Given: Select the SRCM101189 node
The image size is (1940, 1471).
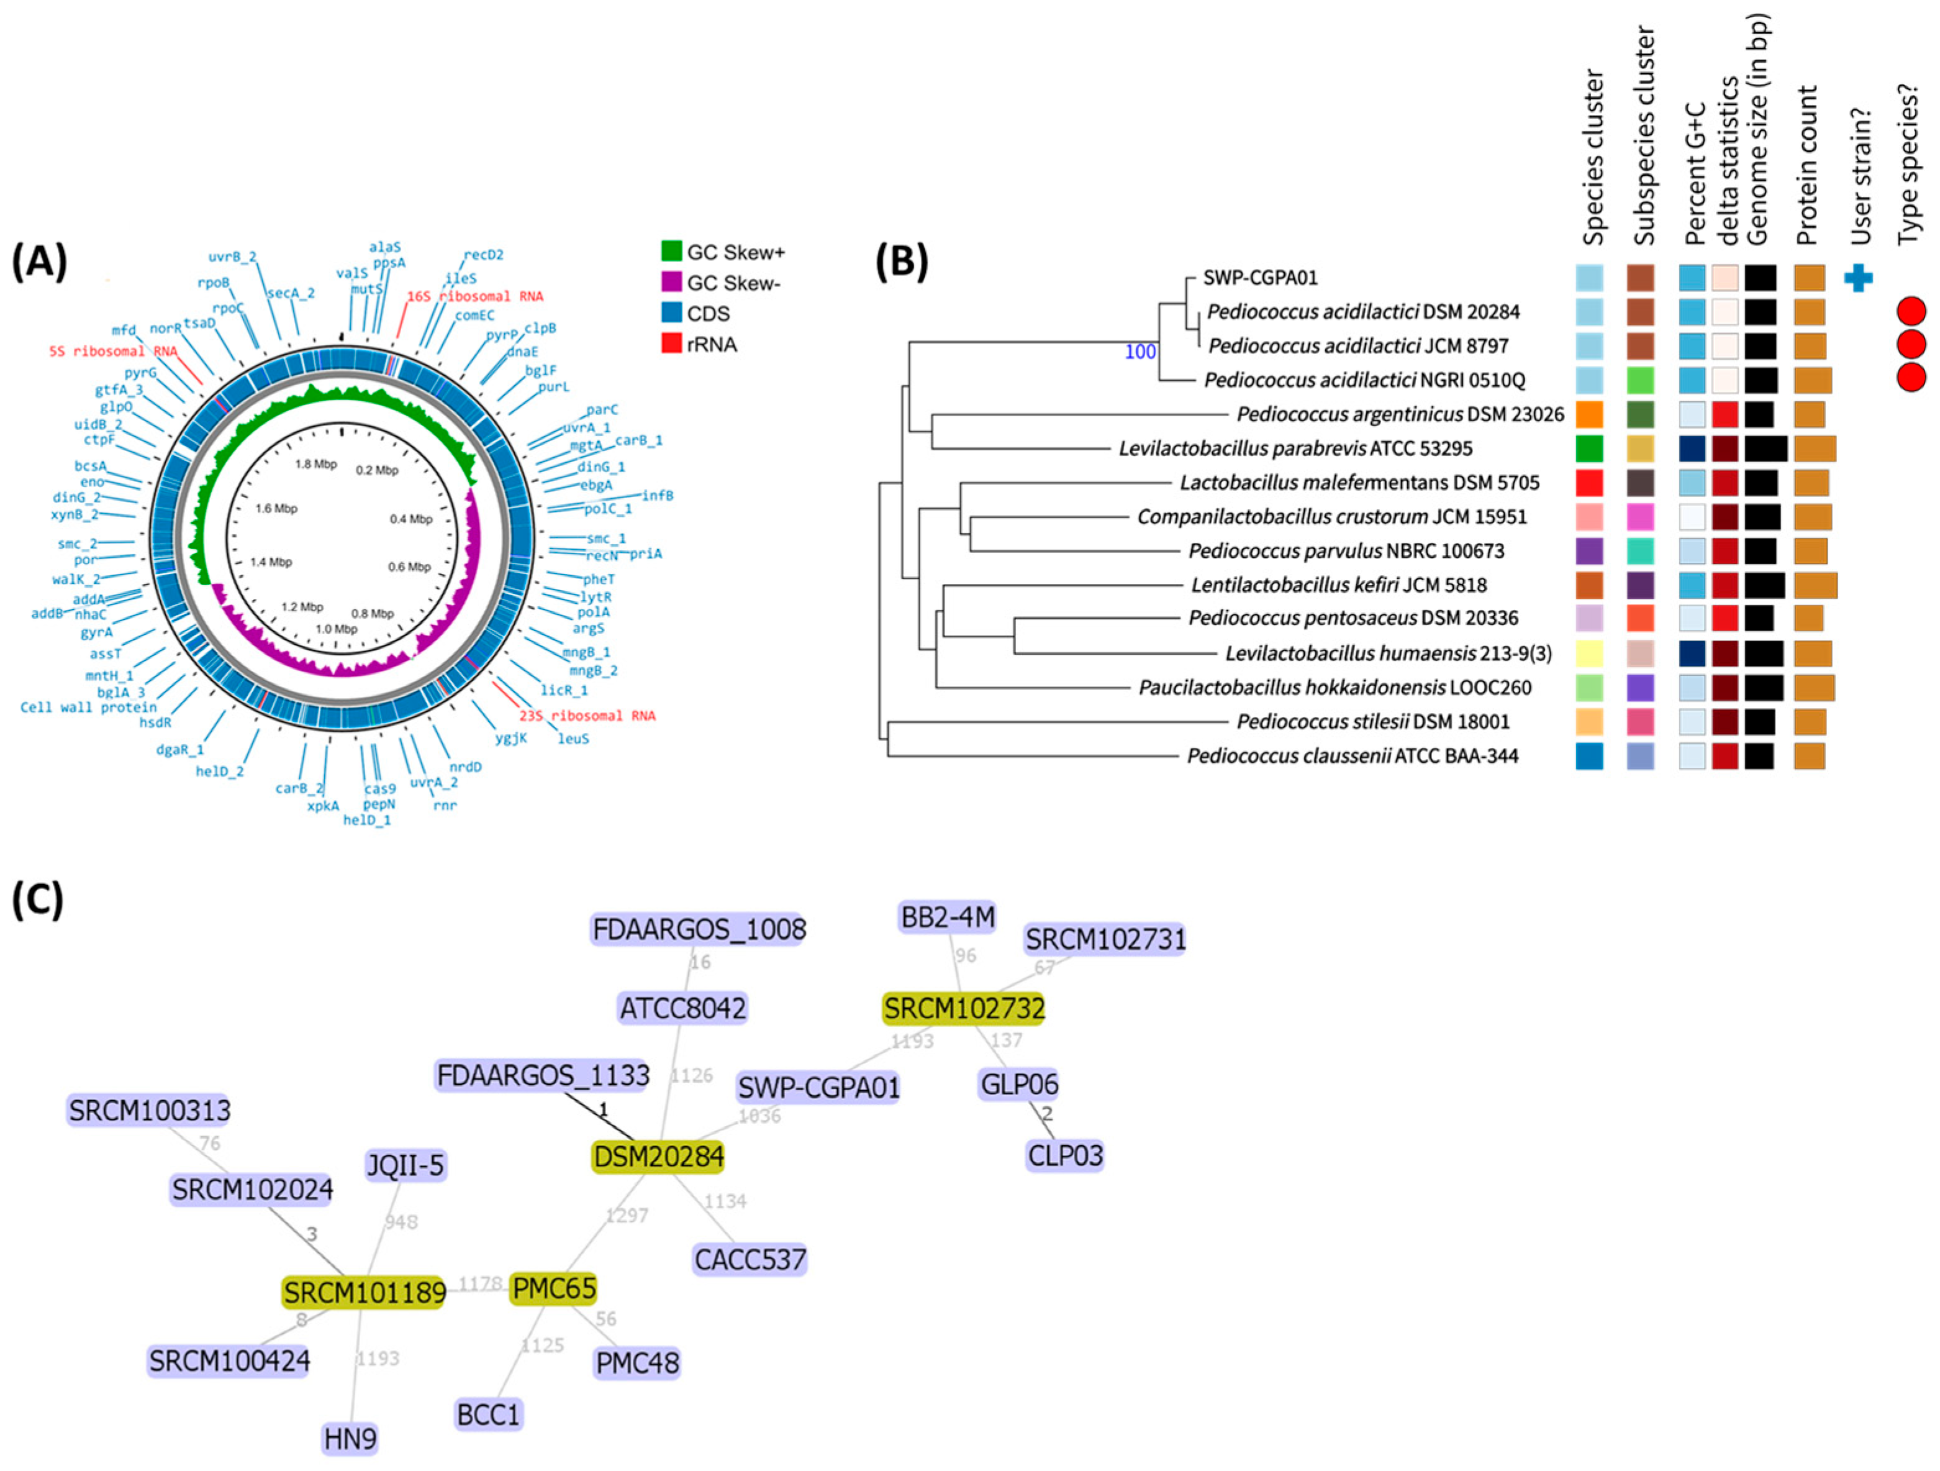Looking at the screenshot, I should point(364,1292).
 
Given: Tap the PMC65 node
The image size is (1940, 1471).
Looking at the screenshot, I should point(553,1288).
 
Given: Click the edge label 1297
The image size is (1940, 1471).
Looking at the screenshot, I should point(626,1215).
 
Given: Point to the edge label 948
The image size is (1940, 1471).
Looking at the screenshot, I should point(401,1221).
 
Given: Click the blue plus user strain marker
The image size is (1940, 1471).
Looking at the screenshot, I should point(1859,278).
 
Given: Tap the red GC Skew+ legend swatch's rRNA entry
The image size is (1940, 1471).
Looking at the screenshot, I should point(673,344).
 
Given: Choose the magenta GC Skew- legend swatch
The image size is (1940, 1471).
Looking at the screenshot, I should point(673,283).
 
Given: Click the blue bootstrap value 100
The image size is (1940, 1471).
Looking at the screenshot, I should point(1140,352).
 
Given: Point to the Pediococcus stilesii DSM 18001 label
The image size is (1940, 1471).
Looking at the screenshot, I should point(1372,722).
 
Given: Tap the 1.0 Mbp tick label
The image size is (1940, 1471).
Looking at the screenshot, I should point(336,629).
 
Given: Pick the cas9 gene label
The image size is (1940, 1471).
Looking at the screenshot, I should point(380,788).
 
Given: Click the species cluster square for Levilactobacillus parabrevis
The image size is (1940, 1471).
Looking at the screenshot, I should point(1589,449).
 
